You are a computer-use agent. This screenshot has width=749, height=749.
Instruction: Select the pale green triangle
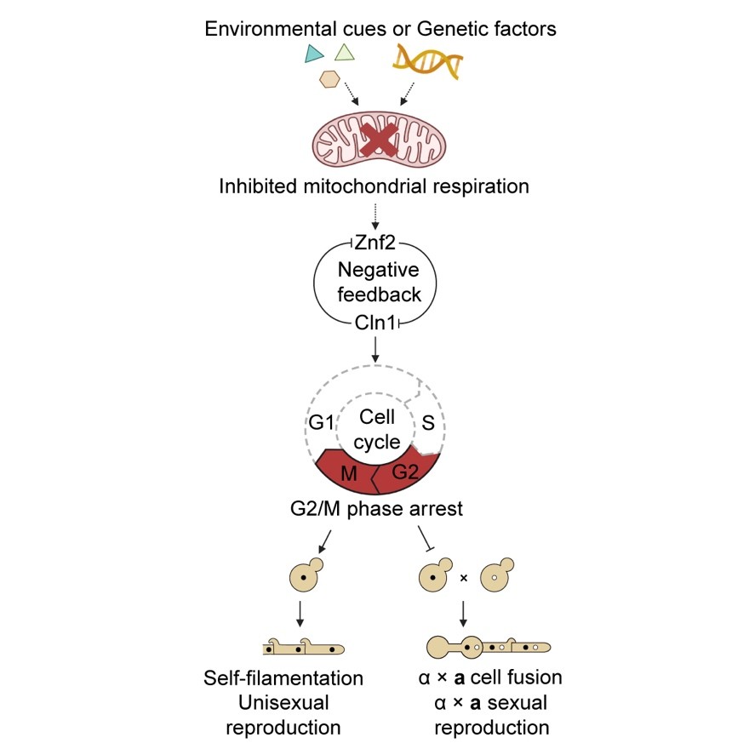click(x=344, y=54)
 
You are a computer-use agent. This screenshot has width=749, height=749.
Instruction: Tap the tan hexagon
click(x=329, y=79)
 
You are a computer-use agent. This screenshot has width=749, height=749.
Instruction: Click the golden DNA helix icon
click(x=428, y=61)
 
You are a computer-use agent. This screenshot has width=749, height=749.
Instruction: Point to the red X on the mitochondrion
click(x=375, y=140)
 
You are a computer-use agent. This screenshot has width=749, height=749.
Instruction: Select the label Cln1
click(x=375, y=322)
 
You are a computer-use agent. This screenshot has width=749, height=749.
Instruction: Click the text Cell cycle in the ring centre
click(x=376, y=430)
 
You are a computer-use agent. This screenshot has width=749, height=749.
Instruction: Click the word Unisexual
click(x=283, y=704)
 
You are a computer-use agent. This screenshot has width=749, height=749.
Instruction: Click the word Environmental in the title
click(x=260, y=29)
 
